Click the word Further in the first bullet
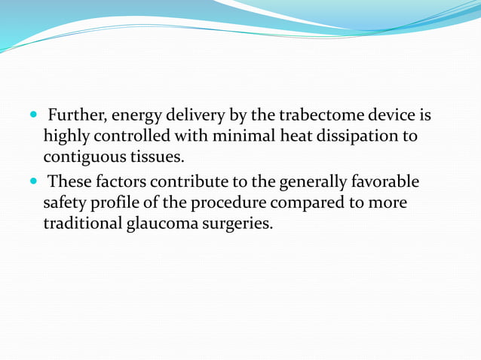(75, 117)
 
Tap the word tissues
(156, 159)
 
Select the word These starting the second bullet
(69, 183)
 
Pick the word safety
(65, 204)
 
